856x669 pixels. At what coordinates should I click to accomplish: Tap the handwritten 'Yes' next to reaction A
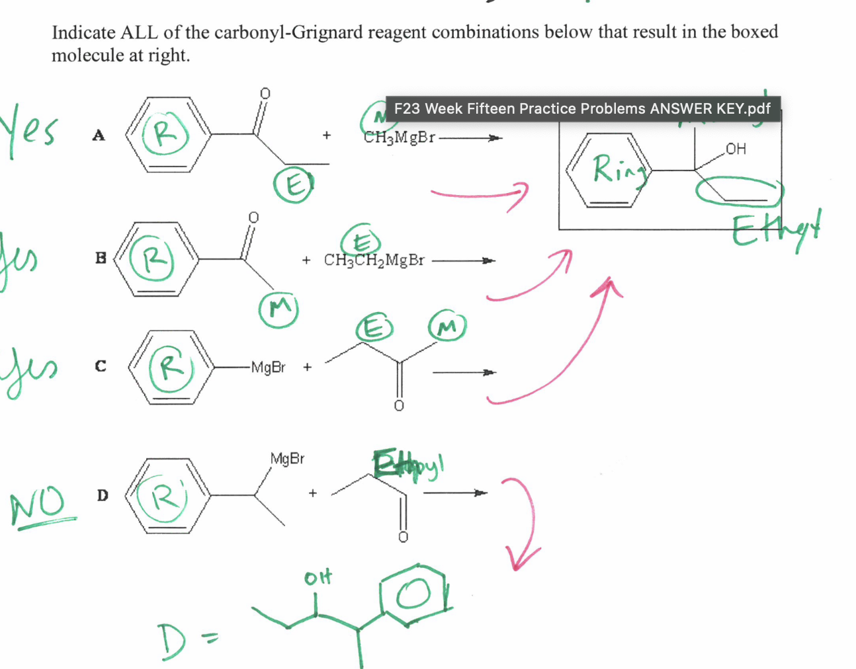click(30, 129)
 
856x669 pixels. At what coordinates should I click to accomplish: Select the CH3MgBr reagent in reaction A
click(399, 138)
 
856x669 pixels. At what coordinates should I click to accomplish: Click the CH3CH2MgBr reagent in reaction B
click(374, 260)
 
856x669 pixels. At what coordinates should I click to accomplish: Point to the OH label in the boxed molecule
click(736, 149)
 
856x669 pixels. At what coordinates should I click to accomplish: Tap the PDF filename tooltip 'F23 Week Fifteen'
click(582, 108)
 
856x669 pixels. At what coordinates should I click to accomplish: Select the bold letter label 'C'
click(101, 366)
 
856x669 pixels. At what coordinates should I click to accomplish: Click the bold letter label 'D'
click(103, 495)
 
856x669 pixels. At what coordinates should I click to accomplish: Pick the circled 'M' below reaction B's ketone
click(278, 308)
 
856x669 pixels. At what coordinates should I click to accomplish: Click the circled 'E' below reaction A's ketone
click(293, 185)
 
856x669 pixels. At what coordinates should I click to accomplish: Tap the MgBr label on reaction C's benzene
click(268, 368)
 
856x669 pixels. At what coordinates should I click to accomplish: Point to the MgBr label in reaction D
click(287, 459)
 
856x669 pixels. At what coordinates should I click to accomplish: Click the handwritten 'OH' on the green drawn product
click(318, 578)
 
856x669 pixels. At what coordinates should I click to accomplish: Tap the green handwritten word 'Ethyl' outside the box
click(775, 229)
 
